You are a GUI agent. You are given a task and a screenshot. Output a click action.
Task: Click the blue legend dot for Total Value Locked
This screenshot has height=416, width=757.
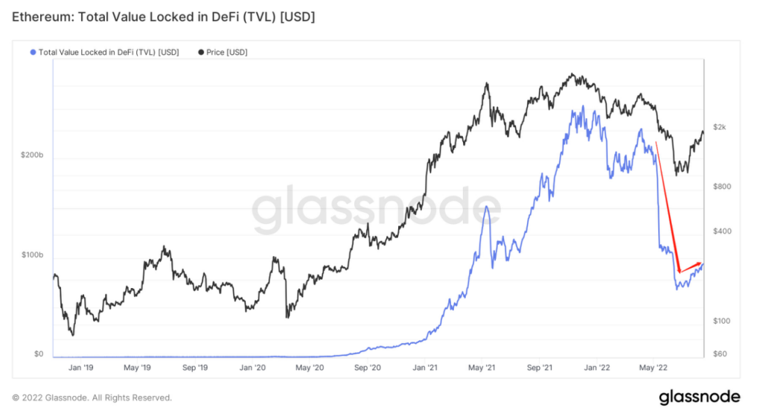point(31,52)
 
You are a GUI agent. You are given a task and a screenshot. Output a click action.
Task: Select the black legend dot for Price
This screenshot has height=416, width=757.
point(199,52)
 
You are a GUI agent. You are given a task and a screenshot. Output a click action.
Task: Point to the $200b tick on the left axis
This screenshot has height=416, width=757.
point(31,156)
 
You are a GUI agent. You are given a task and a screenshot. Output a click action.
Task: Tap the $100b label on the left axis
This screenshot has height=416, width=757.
point(31,255)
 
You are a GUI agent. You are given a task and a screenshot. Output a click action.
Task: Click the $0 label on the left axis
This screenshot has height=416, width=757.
point(38,354)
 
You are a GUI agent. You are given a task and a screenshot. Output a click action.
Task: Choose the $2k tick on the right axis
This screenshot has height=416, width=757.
point(720,127)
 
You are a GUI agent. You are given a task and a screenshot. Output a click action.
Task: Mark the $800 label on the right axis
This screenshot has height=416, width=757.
point(721,187)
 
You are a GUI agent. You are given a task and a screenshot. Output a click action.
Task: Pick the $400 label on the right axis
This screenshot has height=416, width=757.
point(721,231)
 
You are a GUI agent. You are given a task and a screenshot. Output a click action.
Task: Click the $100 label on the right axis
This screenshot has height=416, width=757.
point(721,321)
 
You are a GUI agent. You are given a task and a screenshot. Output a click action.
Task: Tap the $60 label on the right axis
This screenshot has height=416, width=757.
point(719,354)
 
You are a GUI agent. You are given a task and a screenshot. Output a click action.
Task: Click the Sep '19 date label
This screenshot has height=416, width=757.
point(194,368)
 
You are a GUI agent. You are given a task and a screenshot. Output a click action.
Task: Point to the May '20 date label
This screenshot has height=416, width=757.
point(308,368)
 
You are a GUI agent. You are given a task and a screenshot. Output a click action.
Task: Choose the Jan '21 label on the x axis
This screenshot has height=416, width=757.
point(425,368)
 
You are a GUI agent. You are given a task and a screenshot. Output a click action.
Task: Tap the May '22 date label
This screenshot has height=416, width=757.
point(651,368)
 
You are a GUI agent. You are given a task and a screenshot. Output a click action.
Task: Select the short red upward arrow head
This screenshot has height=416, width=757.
point(699,262)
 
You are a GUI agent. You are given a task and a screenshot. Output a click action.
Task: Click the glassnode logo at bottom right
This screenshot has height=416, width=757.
point(699,397)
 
